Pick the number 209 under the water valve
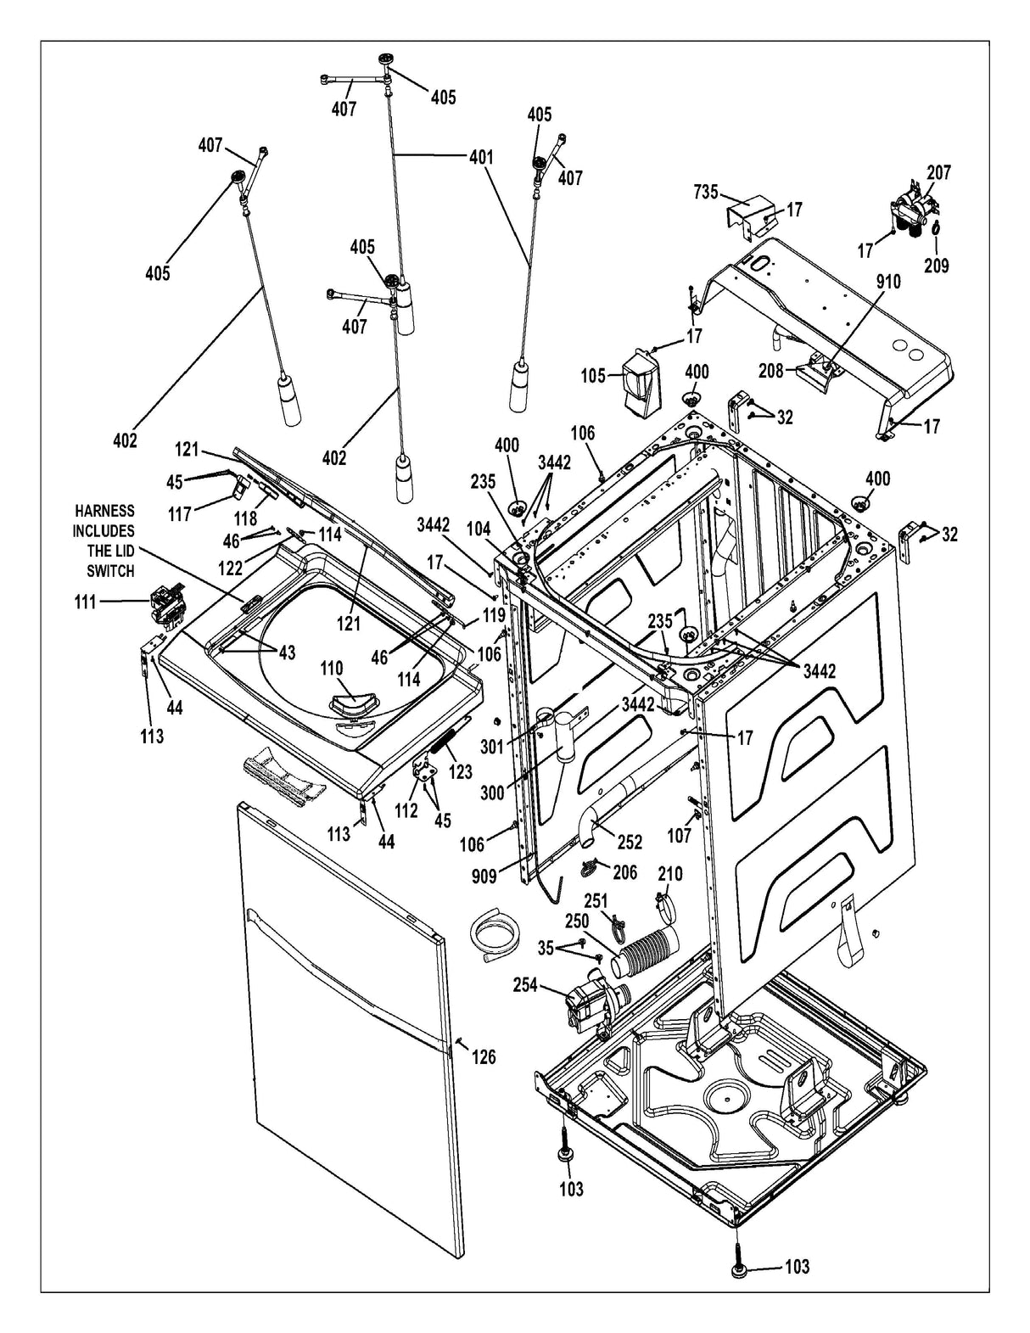(x=937, y=266)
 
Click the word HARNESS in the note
(x=104, y=511)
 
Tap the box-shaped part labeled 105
(x=639, y=383)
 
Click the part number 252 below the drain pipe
(x=629, y=842)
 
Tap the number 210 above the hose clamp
(x=669, y=873)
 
